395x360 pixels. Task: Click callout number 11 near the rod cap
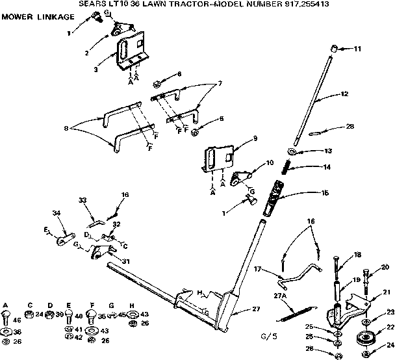[x=357, y=49]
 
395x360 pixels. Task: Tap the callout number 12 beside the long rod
[x=344, y=94]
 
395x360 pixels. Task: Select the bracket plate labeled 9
[x=218, y=156]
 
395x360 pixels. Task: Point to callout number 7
[x=220, y=83]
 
